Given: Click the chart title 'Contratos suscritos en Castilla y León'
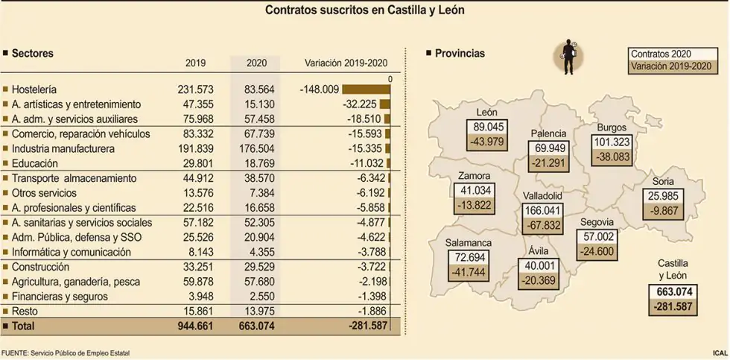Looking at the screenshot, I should (x=366, y=11).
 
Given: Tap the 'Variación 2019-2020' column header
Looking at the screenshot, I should (x=346, y=63).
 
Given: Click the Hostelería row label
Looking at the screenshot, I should (x=34, y=89).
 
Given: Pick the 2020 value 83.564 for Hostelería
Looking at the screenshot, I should (x=255, y=89).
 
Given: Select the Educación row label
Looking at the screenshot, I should (x=36, y=163).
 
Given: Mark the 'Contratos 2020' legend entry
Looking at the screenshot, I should (x=661, y=54).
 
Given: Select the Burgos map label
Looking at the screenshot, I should (x=612, y=127).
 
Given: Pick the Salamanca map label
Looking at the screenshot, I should (x=469, y=243).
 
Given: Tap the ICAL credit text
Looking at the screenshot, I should (x=719, y=352).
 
